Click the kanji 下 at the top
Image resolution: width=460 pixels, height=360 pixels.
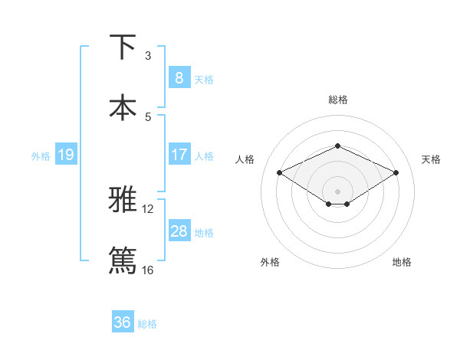123,47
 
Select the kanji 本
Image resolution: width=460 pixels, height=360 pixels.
123,108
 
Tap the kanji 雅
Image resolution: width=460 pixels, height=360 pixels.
123,200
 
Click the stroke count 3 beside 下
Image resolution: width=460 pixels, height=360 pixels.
148,56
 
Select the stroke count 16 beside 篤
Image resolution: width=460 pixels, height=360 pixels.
148,270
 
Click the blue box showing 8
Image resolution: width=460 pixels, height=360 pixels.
179,77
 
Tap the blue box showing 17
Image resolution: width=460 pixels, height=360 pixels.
179,154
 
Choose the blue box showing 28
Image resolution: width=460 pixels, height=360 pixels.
179,231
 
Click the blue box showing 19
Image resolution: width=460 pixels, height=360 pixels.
65,155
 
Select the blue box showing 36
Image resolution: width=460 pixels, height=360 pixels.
123,322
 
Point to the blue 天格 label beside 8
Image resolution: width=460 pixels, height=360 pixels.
204,79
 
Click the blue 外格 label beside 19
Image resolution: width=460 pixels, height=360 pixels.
41,155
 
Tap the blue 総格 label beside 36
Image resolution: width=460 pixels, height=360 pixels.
147,324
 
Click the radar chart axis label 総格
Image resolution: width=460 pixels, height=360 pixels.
337,100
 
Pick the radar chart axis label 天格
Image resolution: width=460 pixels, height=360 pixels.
431,159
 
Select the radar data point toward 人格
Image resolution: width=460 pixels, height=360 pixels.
279,172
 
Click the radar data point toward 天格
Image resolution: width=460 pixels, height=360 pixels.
396,172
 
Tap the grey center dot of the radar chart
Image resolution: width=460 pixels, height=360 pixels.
337,191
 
